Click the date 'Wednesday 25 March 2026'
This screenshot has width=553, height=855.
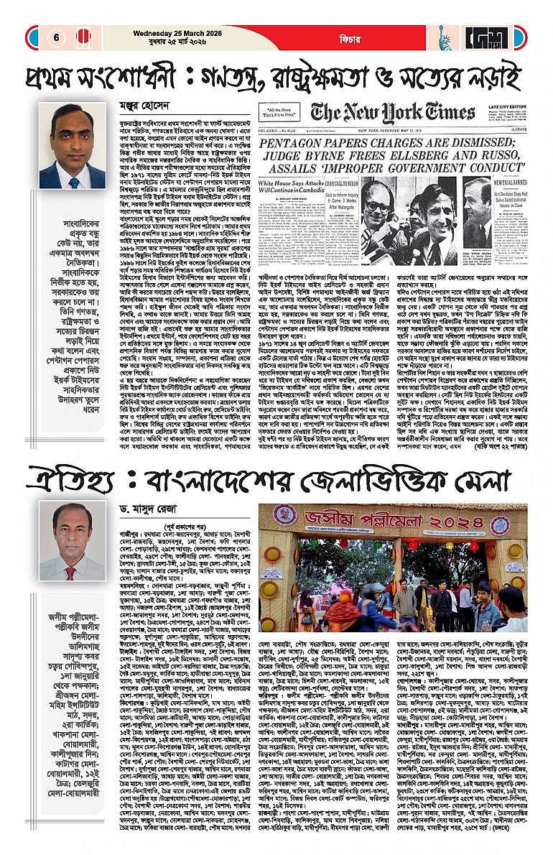point(172,32)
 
